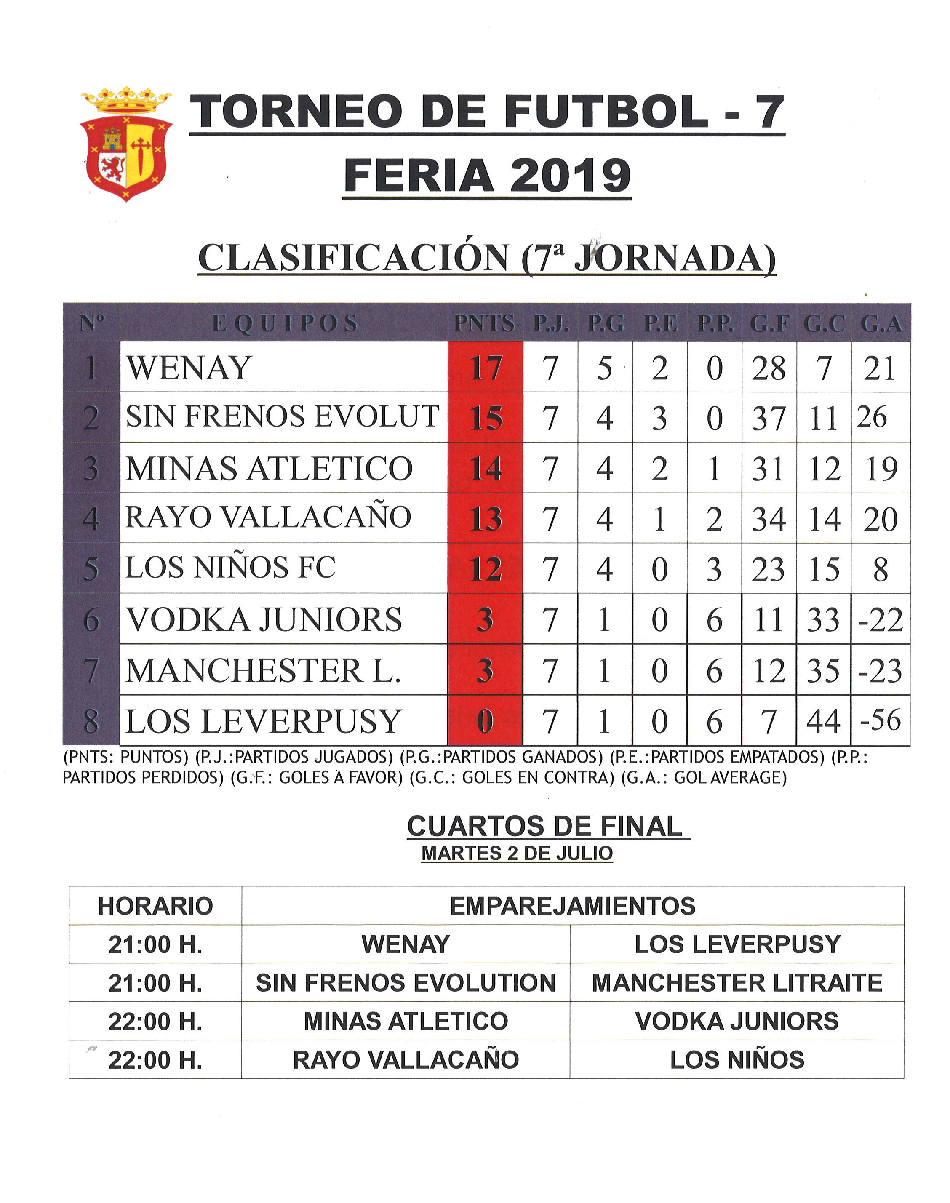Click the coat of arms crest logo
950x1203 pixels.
click(x=126, y=144)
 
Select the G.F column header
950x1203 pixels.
click(x=769, y=324)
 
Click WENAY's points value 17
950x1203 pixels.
click(x=486, y=368)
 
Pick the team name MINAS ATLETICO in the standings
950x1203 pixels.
click(x=269, y=468)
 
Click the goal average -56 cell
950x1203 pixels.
click(x=881, y=720)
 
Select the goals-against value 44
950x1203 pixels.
click(x=824, y=721)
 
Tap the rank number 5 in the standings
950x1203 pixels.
click(x=91, y=569)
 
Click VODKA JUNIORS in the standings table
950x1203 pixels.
click(x=264, y=619)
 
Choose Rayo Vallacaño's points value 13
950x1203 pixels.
click(x=486, y=519)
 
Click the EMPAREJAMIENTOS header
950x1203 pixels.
click(x=572, y=906)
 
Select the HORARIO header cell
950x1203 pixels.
click(x=155, y=906)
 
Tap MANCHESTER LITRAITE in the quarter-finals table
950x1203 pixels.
click(x=737, y=983)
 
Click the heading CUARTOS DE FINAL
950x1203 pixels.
click(x=544, y=827)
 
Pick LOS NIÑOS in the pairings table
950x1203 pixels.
click(x=737, y=1060)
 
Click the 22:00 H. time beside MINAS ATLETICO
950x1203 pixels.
click(x=155, y=1022)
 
